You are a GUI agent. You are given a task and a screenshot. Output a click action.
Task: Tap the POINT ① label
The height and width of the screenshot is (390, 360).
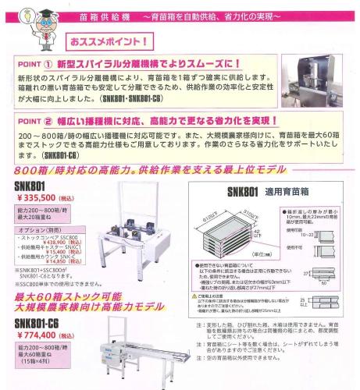tap(41, 64)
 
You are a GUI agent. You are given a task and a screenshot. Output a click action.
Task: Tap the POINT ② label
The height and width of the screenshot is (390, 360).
tap(41, 122)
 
